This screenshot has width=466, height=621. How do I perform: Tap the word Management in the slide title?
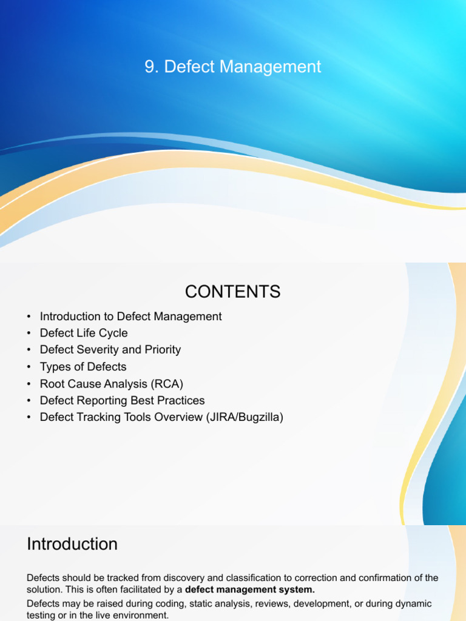click(x=270, y=67)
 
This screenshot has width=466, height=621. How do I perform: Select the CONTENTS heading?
click(x=232, y=292)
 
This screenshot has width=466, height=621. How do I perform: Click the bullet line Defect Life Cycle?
click(x=84, y=333)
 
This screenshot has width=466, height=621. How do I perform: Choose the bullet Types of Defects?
click(x=83, y=367)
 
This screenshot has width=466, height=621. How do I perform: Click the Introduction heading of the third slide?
click(x=72, y=544)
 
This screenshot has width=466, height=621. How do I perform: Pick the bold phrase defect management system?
click(x=249, y=589)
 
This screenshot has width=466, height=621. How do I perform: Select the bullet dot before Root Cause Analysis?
click(x=29, y=384)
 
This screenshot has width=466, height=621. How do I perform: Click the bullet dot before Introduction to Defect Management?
click(x=29, y=317)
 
